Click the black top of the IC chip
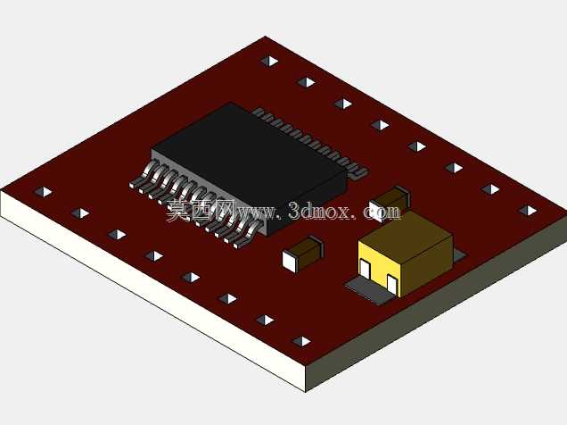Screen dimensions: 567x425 click(x=250, y=159)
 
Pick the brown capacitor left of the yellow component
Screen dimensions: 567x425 click(x=302, y=254)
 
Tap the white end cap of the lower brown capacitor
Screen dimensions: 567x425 click(x=290, y=261)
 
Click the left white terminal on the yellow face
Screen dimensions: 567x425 click(x=366, y=270)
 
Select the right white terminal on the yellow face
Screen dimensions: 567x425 click(x=392, y=283)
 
